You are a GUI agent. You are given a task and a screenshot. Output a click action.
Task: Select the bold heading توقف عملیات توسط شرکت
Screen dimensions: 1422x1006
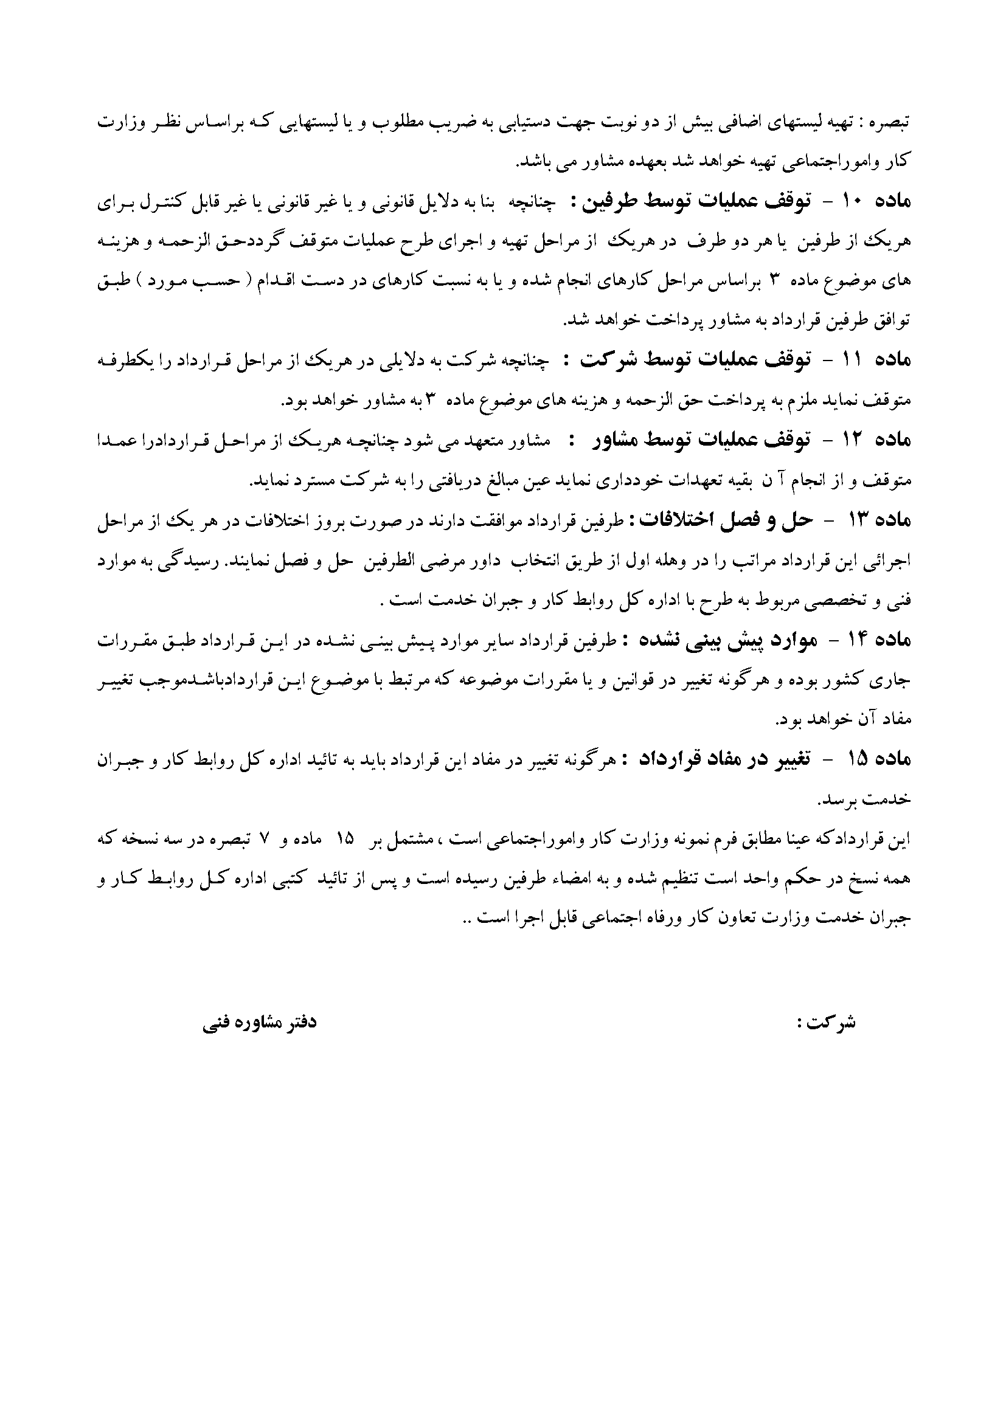coord(696,361)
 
